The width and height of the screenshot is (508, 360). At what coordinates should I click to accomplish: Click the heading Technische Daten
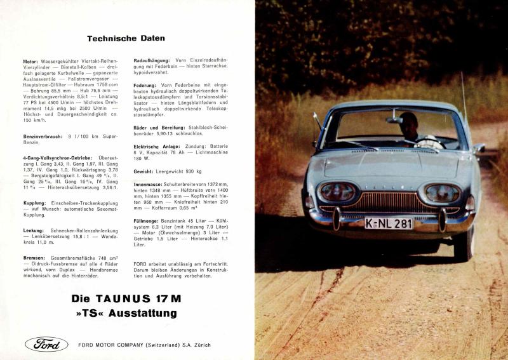pos(122,38)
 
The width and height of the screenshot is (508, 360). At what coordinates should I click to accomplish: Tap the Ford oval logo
pos(46,345)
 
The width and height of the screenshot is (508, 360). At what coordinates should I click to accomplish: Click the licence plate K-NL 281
pos(389,223)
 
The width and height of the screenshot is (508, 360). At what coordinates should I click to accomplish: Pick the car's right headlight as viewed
pos(441,193)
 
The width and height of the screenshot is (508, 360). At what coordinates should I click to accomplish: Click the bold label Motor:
pos(30,60)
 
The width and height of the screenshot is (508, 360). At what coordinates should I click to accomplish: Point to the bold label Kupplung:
pos(34,205)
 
